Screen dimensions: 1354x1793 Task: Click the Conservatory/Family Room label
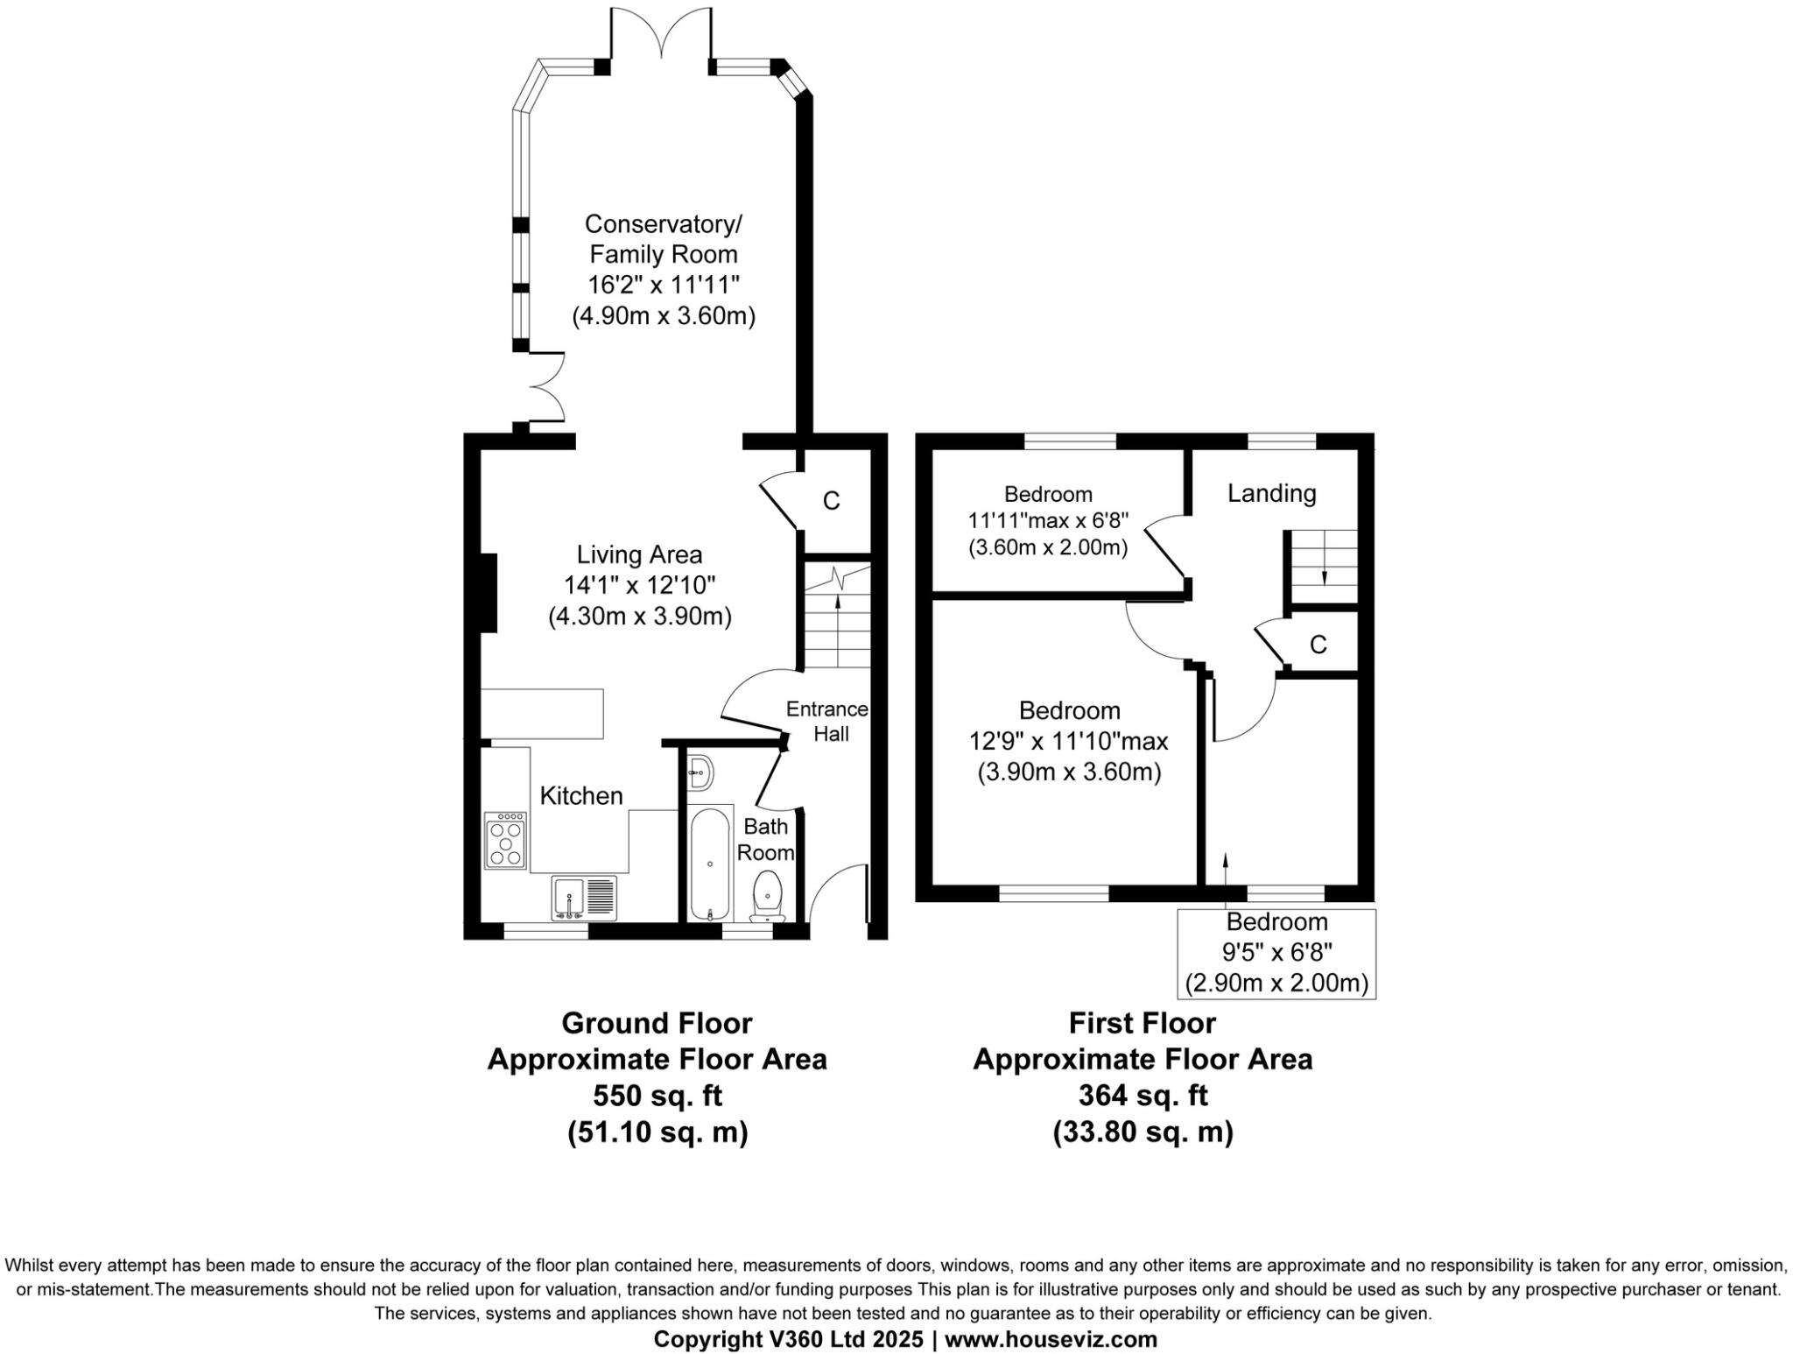663,239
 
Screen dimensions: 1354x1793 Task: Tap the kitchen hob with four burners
505,841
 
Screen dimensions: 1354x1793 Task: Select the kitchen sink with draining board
584,898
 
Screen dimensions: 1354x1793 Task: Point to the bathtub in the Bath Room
708,863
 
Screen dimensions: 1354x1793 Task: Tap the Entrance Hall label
827,721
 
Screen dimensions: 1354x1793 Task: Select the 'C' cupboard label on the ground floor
831,501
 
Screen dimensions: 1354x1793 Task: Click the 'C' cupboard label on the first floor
1318,645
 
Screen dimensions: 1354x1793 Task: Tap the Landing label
1271,493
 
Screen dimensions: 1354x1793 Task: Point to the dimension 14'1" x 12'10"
640,585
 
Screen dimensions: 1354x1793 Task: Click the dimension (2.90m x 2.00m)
1276,983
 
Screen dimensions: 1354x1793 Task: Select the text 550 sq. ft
657,1096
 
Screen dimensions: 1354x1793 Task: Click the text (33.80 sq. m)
1143,1132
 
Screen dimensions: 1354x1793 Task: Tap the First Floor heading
1143,1023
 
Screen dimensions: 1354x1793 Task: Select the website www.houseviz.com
1051,1339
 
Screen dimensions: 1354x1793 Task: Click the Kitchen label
581,796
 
